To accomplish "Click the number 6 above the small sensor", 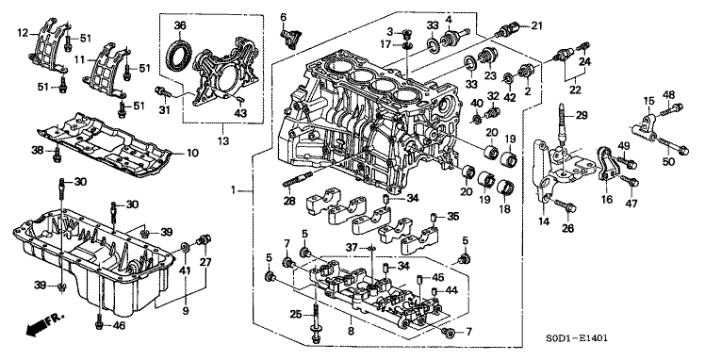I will [x=283, y=16].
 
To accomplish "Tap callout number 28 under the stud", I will [x=289, y=199].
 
